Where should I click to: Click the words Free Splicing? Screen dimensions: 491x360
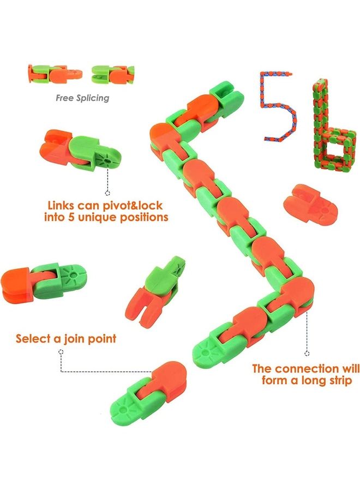[82, 98]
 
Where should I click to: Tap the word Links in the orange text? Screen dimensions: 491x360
[62, 206]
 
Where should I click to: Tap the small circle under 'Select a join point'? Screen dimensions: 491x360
[62, 352]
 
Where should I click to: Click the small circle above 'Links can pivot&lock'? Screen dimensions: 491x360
[107, 193]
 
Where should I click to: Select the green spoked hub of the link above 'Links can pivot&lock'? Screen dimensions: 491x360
[103, 158]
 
